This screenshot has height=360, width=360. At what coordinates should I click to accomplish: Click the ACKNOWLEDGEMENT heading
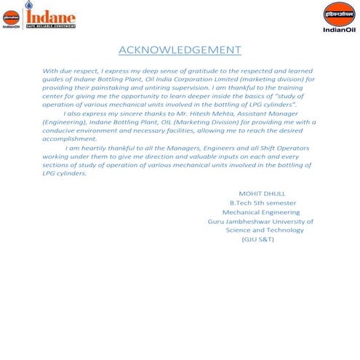[179, 49]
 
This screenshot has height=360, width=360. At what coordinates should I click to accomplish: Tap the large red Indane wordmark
[52, 15]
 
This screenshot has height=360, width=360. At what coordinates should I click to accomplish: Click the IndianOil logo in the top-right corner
[338, 17]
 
